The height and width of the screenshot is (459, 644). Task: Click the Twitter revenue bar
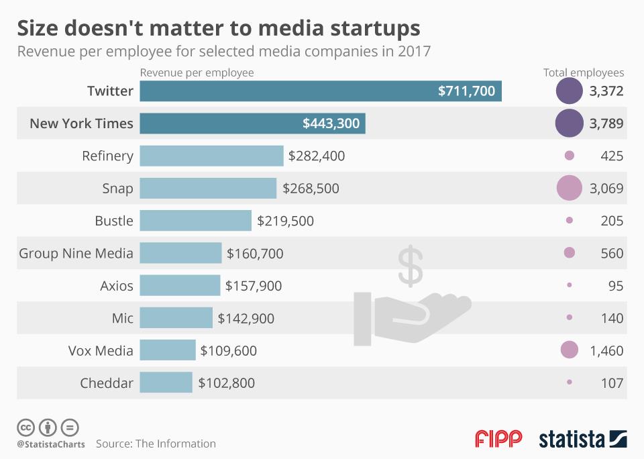coord(321,91)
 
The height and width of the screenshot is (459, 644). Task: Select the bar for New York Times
coord(252,123)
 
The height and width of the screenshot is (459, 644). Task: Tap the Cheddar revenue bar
coord(166,382)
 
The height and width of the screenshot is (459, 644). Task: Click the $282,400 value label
coord(316,156)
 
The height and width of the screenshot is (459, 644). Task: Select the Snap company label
coord(118,189)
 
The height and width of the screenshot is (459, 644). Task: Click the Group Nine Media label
coord(76,253)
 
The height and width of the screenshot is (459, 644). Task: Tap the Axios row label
coord(117,286)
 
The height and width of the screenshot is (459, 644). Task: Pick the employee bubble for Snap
coord(569,188)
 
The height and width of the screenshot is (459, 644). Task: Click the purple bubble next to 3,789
coord(569,123)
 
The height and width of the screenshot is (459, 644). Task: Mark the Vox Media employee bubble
coord(569,350)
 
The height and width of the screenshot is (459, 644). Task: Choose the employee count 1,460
coord(606,350)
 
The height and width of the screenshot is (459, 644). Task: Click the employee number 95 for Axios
coord(616,286)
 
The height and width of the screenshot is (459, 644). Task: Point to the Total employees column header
coord(583,72)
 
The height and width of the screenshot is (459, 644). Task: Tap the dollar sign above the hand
coord(411,265)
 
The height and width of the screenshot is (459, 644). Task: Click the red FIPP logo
coord(498,439)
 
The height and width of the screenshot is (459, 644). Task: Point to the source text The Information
coord(176,444)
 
